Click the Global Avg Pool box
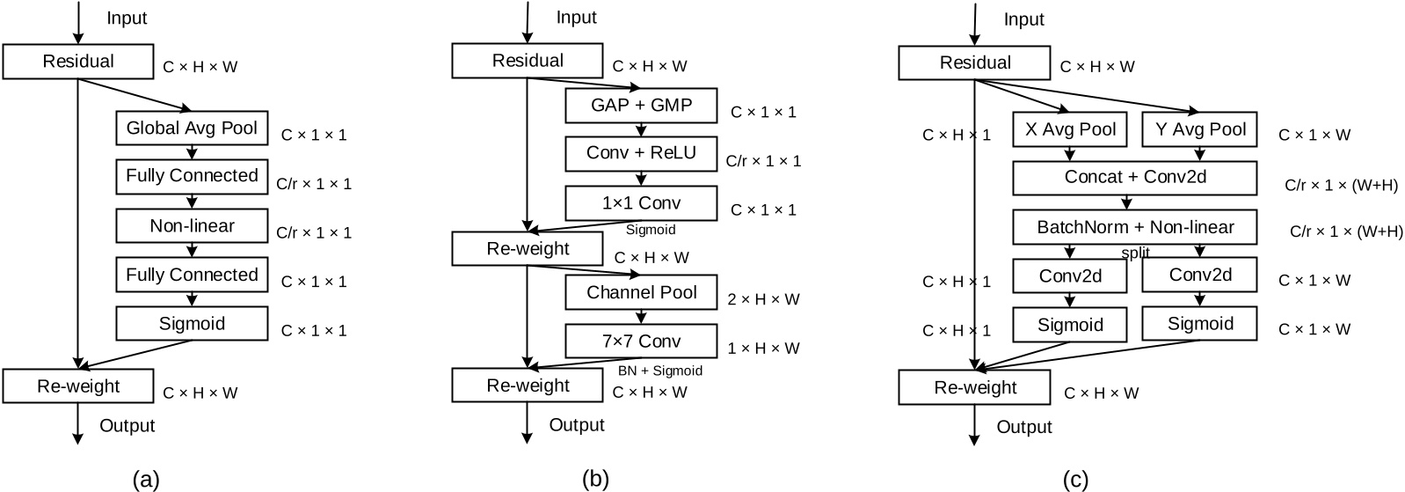click(192, 129)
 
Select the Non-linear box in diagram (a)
click(192, 226)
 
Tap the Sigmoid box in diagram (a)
click(192, 324)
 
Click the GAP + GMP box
click(641, 106)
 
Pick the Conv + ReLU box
click(641, 154)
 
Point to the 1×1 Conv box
click(641, 203)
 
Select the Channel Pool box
click(641, 293)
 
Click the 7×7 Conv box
click(641, 341)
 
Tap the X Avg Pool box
click(1070, 129)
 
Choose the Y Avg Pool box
click(1200, 129)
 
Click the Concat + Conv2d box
click(1135, 177)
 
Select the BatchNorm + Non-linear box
click(1135, 227)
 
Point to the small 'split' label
click(1135, 253)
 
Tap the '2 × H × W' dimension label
click(763, 299)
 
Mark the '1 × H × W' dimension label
click(763, 349)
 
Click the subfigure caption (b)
click(595, 480)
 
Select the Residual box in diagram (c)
click(974, 63)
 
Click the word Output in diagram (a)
click(127, 426)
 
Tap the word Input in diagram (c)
click(1023, 19)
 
